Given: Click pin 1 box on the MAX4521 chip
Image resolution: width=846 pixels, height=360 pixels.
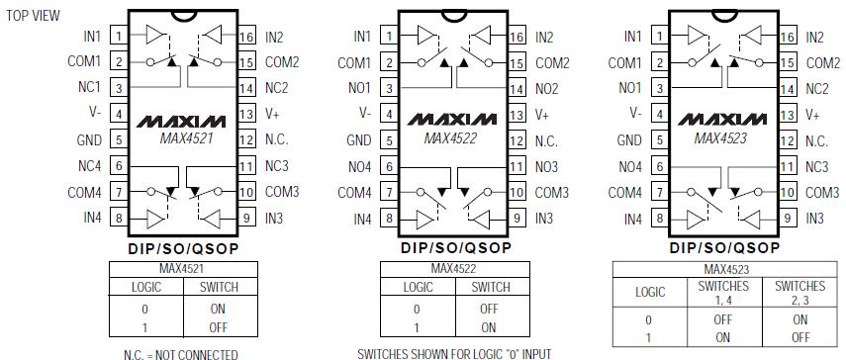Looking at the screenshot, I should (118, 37).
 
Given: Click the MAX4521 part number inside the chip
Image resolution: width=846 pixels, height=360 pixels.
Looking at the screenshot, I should (187, 138).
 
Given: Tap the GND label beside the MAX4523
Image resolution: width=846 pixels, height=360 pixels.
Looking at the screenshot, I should (629, 140).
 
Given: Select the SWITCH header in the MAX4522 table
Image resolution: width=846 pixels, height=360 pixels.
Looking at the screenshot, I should (491, 287).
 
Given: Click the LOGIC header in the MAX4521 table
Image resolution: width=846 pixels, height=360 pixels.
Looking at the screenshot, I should (146, 287).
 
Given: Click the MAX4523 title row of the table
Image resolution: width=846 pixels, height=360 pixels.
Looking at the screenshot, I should (726, 269).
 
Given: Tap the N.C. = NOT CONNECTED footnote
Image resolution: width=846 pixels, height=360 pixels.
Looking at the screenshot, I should (182, 352).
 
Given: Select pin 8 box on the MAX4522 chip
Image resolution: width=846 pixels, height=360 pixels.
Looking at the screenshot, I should (388, 218).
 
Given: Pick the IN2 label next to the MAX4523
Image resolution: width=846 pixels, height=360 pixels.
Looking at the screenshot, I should (814, 37).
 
